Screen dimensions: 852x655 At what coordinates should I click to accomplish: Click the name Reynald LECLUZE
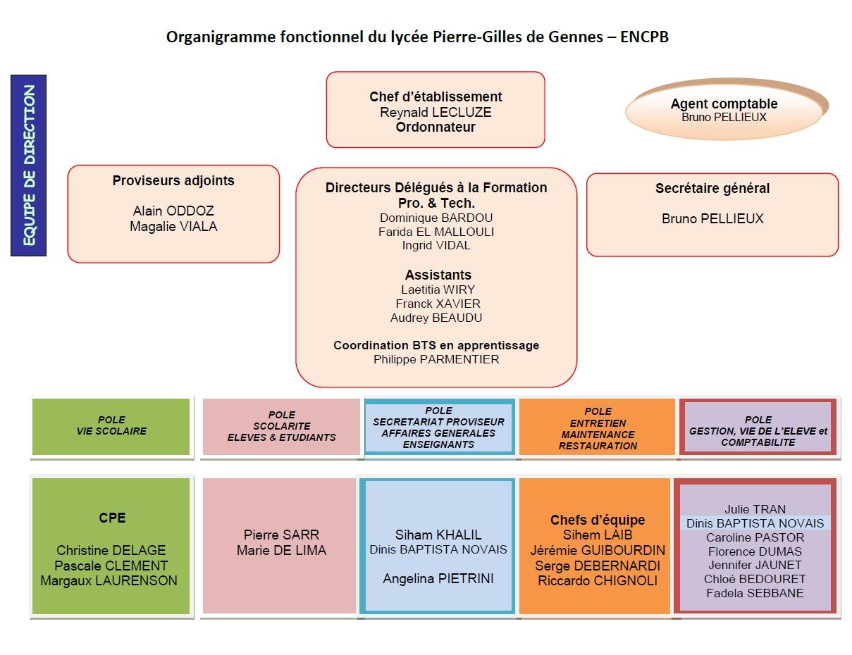[436, 113]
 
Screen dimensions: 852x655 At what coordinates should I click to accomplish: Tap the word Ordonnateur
[436, 127]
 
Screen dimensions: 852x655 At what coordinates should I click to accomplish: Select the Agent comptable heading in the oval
[724, 104]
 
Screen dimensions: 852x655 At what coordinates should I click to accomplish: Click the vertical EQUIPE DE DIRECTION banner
[29, 166]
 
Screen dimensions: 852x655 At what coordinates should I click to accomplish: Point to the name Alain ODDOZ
[173, 211]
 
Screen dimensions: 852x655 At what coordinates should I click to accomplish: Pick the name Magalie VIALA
[173, 226]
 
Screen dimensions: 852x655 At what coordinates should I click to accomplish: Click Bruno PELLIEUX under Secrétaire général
[712, 218]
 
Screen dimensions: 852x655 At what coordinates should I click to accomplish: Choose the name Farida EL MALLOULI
[436, 232]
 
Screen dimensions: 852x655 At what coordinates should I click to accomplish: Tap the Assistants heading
[438, 275]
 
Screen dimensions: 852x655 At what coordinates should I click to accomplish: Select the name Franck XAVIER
[438, 304]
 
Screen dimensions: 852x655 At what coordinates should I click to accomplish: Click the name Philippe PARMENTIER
[436, 359]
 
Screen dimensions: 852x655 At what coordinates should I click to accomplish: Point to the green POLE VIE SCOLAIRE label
[111, 425]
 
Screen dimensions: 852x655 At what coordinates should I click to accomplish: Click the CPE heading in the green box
[112, 518]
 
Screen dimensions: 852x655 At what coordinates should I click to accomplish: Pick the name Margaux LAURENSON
[109, 580]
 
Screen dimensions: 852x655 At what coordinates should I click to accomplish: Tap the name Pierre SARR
[281, 535]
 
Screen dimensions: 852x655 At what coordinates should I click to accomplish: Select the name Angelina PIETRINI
[438, 579]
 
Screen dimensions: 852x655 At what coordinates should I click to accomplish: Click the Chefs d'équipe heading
[598, 520]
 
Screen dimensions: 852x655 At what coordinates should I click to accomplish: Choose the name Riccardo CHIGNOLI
[598, 580]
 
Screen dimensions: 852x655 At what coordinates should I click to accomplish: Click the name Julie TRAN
[755, 509]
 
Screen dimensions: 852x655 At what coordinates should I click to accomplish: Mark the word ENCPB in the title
[644, 37]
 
